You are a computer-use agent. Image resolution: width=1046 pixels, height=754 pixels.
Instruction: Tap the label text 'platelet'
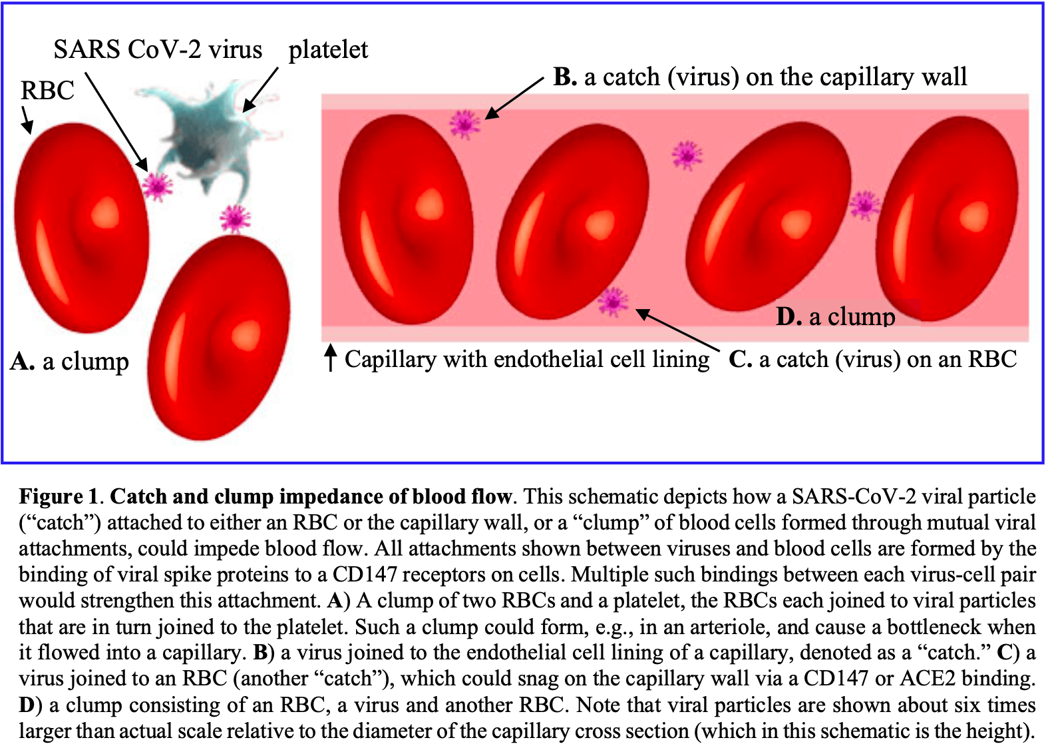point(328,50)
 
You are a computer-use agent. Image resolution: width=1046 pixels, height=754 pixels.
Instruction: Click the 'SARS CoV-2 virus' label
point(158,49)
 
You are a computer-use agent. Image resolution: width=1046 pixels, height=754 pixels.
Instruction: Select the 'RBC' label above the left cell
point(47,90)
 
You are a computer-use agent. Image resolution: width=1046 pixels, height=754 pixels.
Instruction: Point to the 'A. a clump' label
point(69,361)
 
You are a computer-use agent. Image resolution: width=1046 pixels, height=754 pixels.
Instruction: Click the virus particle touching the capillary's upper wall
point(464,124)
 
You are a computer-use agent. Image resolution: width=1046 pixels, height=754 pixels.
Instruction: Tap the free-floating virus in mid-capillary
point(687,155)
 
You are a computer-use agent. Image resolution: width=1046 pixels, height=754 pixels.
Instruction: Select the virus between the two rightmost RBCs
point(865,206)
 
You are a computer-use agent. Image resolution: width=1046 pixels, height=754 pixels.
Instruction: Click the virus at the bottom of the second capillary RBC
point(613,302)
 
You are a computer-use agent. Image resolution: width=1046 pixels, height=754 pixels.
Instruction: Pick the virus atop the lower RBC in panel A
point(235,218)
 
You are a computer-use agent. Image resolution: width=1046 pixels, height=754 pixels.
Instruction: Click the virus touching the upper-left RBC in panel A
point(158,186)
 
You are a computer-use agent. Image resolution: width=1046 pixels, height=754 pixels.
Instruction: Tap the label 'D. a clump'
point(835,316)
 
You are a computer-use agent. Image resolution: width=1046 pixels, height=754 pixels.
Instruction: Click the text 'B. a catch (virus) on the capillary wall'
point(761,77)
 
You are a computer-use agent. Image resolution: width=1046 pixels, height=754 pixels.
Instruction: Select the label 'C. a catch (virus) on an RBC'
point(873,360)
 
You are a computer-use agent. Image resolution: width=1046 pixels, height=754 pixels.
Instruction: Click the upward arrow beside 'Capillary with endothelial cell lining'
point(331,358)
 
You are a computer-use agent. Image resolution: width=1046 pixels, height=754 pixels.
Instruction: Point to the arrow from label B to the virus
point(514,98)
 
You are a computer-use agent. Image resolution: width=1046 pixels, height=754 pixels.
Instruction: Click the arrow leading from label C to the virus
point(678,330)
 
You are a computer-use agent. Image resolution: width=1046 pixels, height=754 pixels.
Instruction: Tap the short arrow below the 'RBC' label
point(27,120)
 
